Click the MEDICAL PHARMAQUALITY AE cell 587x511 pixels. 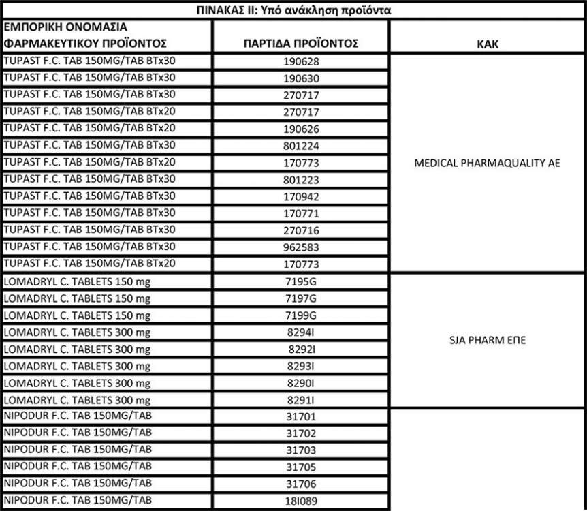tap(487, 164)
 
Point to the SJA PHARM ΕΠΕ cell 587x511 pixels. tap(487, 341)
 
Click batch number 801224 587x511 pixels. tap(301, 146)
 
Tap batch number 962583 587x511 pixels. tap(301, 247)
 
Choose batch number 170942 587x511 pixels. tap(301, 197)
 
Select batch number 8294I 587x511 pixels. tap(301, 333)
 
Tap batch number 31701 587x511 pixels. tap(301, 417)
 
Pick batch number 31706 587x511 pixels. tap(301, 484)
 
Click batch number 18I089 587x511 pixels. tap(301, 501)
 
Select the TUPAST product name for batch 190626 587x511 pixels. tap(89, 128)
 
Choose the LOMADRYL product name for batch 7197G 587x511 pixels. tap(77, 298)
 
